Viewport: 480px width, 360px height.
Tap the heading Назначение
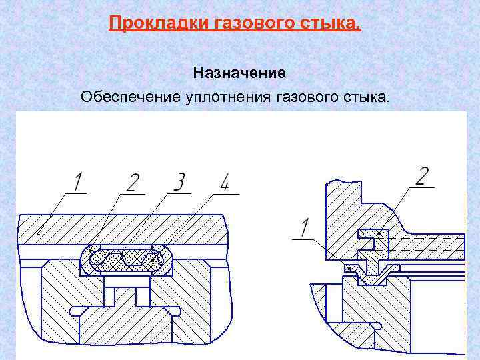click(239, 71)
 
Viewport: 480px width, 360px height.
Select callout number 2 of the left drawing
click(133, 182)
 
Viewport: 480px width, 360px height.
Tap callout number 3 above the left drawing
click(178, 182)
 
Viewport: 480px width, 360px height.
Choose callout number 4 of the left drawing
click(225, 182)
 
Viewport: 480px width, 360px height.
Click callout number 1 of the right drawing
click(305, 228)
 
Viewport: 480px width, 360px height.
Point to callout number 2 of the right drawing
click(421, 177)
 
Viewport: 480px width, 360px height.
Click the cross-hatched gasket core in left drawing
click(127, 259)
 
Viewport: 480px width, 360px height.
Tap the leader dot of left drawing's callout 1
click(38, 233)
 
